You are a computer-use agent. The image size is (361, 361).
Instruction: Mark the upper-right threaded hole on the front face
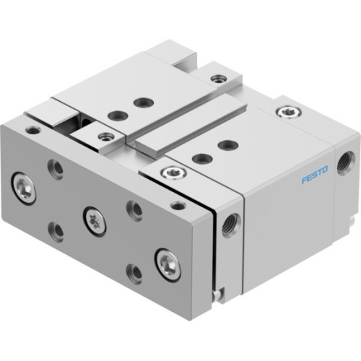[134, 209]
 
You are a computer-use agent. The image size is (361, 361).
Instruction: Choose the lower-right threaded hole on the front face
[134, 273]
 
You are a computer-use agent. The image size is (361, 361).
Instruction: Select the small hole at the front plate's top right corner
[178, 205]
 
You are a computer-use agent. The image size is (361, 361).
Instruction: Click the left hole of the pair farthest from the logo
[113, 114]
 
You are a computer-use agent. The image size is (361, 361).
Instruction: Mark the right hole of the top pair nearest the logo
[226, 144]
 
